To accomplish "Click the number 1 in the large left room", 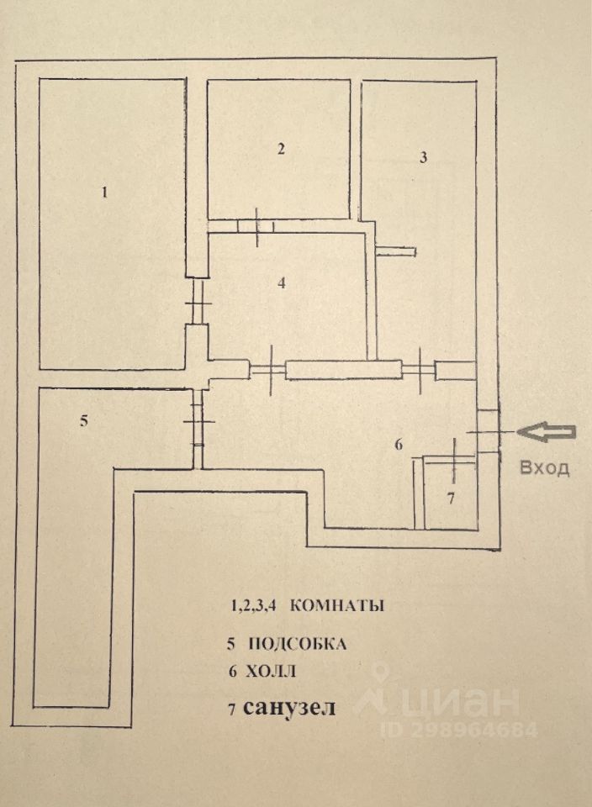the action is [105, 193].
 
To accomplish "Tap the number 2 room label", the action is [281, 150].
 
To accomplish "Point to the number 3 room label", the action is [423, 157].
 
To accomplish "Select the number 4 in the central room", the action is [281, 282].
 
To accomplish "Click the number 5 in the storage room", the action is [84, 421].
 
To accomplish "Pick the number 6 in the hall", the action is [399, 444].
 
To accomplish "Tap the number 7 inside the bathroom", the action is [451, 498].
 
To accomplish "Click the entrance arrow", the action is [547, 433].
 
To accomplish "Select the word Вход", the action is [545, 468].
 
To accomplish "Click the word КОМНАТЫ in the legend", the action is [337, 605].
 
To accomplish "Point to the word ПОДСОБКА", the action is [297, 643].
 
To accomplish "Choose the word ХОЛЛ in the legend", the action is [270, 671].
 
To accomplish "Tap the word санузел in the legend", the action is [289, 707].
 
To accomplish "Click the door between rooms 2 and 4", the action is [256, 226].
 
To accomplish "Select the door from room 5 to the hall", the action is [198, 421].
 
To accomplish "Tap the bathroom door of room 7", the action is [453, 459].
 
